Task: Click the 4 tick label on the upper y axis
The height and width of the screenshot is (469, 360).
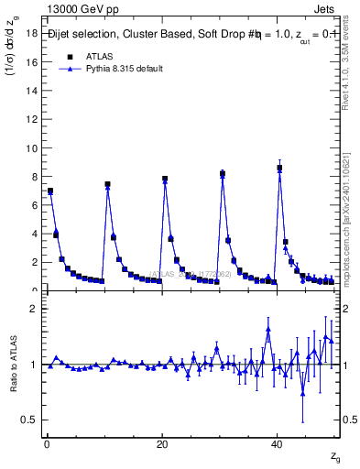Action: (32, 234)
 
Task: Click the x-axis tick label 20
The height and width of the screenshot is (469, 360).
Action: (162, 443)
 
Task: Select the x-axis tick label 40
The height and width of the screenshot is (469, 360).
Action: (278, 443)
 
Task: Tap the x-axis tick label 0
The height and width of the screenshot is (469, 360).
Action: (47, 443)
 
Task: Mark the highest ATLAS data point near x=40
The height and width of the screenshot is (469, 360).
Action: (279, 168)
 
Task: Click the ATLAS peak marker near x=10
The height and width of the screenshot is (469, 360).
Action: (107, 184)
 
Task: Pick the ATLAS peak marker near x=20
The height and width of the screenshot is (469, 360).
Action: (165, 179)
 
